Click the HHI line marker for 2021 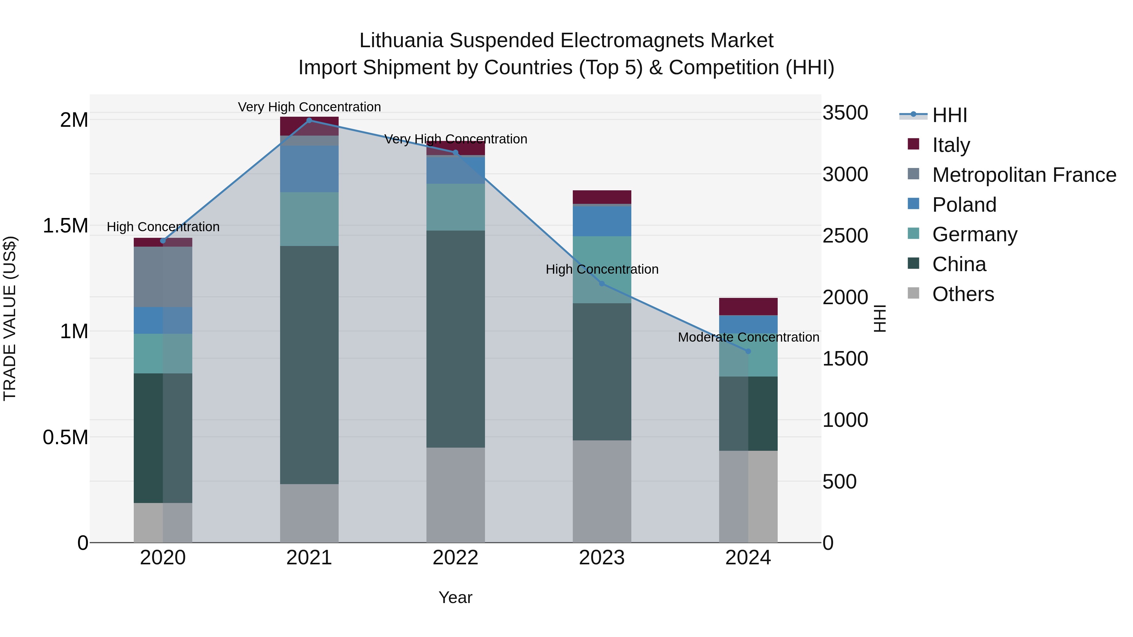(x=309, y=120)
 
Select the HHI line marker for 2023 (x=602, y=283)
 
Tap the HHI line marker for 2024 (x=748, y=351)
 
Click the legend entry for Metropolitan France (x=1024, y=175)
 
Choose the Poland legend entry (x=964, y=205)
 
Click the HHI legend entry (x=949, y=115)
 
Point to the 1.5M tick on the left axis (x=65, y=226)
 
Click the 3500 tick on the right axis (x=845, y=113)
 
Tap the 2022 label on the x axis (x=455, y=558)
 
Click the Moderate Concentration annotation (x=748, y=337)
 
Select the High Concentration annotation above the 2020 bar (x=163, y=227)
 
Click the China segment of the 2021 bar (x=309, y=365)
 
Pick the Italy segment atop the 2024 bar (x=748, y=306)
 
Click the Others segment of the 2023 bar (x=602, y=491)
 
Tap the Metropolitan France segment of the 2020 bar (x=163, y=277)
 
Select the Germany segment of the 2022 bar (x=455, y=207)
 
